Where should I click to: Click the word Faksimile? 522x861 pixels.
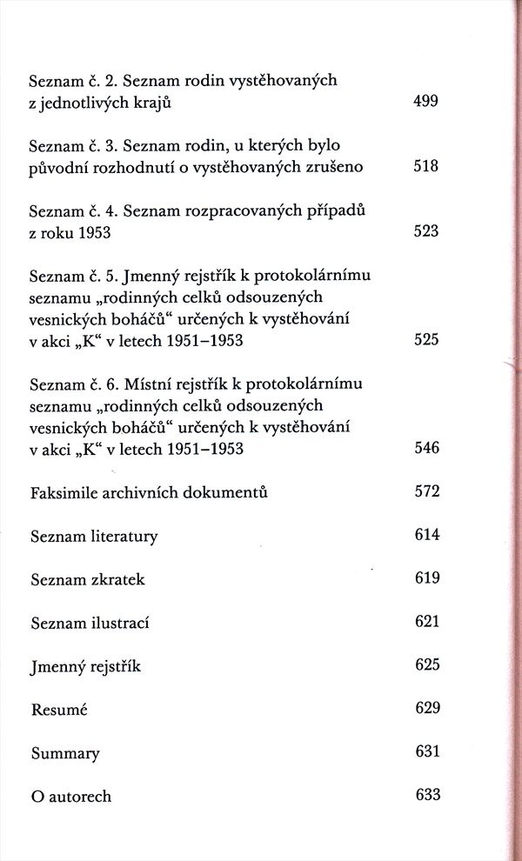point(64,492)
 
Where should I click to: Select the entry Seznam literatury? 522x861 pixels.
point(93,536)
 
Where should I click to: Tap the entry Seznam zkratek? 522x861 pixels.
point(87,579)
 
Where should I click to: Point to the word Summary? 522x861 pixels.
point(64,753)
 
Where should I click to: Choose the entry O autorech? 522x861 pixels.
point(70,796)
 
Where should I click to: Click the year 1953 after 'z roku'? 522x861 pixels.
point(97,232)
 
